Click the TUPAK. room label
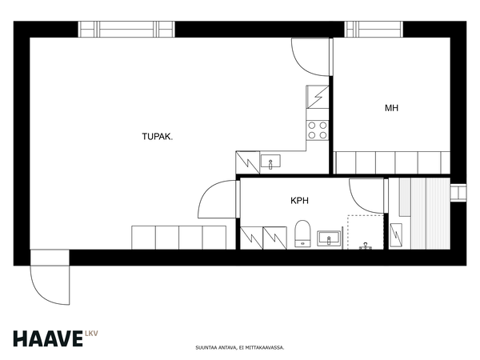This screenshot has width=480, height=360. (x=158, y=137)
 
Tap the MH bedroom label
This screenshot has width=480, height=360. (x=391, y=108)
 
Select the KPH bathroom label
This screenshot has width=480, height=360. (x=299, y=201)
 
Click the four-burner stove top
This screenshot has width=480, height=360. (x=318, y=130)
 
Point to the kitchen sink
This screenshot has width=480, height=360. (x=270, y=162)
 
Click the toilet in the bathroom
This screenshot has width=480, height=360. (x=302, y=234)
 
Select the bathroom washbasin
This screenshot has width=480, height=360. (x=329, y=238)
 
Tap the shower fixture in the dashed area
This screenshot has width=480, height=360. (x=366, y=246)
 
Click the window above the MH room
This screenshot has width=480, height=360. (x=374, y=29)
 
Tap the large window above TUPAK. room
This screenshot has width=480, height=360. (x=126, y=29)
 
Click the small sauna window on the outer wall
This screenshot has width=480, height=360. (x=458, y=193)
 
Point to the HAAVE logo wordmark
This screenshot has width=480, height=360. (x=48, y=338)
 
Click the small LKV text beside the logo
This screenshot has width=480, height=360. (x=91, y=334)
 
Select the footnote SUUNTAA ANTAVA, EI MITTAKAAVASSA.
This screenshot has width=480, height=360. (x=240, y=348)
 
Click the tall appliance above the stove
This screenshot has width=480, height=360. (x=318, y=97)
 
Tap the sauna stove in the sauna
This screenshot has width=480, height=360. (x=396, y=234)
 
